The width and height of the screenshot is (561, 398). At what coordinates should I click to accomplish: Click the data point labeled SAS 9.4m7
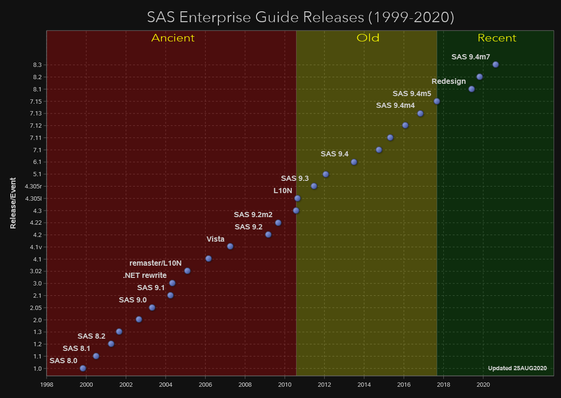(x=495, y=65)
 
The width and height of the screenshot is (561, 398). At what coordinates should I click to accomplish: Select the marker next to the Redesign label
(x=472, y=89)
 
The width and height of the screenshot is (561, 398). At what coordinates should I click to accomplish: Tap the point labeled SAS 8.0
(x=83, y=368)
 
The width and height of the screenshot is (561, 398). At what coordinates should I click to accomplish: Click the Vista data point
(x=230, y=246)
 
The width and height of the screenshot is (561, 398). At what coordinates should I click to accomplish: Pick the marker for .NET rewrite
(x=172, y=283)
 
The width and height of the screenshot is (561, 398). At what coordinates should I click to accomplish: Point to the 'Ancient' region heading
(x=173, y=38)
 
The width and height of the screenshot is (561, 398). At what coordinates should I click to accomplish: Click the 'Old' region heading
(x=368, y=38)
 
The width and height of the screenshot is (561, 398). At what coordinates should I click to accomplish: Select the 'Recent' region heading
(x=497, y=38)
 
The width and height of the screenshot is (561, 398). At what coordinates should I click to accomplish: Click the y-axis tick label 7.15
(x=35, y=101)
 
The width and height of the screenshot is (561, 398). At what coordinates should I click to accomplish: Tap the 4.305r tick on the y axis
(x=33, y=186)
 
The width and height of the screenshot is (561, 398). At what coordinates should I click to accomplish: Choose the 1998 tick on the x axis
(x=47, y=384)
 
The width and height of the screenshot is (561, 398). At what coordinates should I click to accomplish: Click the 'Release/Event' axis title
(x=13, y=203)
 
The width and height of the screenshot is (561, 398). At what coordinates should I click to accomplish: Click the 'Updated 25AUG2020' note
(x=517, y=368)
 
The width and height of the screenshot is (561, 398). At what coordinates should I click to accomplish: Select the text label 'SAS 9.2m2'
(x=253, y=215)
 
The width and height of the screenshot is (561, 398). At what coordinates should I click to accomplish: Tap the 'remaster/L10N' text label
(x=155, y=263)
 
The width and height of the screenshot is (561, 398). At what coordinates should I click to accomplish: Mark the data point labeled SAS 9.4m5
(x=437, y=101)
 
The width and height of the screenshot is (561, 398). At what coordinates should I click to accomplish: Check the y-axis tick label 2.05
(x=35, y=308)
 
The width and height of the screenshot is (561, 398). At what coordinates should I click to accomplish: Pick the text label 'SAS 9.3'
(x=295, y=179)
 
